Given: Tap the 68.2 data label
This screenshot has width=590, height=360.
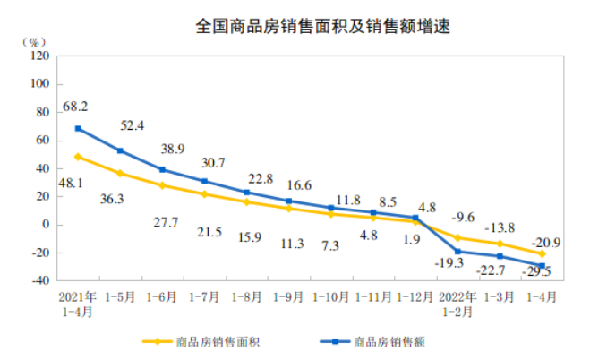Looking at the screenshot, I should pos(75,107).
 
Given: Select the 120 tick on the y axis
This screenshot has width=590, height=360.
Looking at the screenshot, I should pos(39,56).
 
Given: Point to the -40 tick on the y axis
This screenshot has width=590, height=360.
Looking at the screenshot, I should pos(38,280).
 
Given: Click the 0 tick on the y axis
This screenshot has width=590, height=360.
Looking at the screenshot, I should pos(45,224).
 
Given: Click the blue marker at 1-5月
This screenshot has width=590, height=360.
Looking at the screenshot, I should pos(120,150).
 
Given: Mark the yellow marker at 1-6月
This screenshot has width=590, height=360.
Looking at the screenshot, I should pos(162,185).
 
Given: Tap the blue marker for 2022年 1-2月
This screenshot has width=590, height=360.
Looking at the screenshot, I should pos(457,252).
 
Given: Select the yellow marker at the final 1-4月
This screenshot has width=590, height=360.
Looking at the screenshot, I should pos(543,253).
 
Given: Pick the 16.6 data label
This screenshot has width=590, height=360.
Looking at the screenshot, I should pos(289,185).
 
